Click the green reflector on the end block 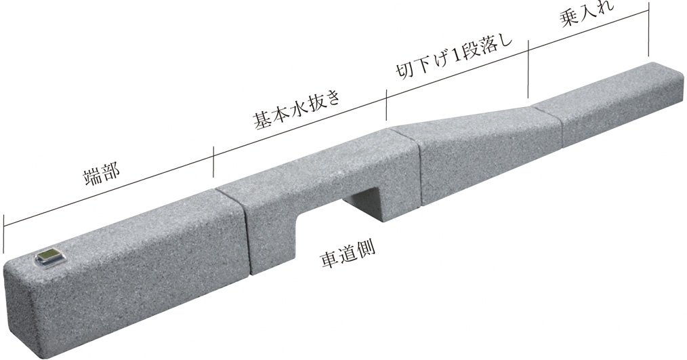click(49, 256)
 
